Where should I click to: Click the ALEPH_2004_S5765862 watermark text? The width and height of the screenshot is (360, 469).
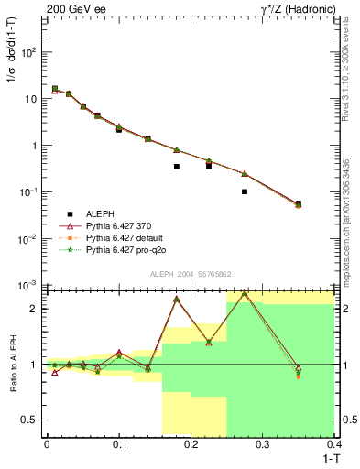point(190,274)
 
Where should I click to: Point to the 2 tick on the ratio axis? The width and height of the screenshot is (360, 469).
point(38,309)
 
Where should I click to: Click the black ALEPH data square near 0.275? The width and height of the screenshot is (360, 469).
point(245,191)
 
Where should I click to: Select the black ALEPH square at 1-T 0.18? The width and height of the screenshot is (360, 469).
point(177,167)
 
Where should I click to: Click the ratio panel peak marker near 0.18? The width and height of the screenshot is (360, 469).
point(177,300)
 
